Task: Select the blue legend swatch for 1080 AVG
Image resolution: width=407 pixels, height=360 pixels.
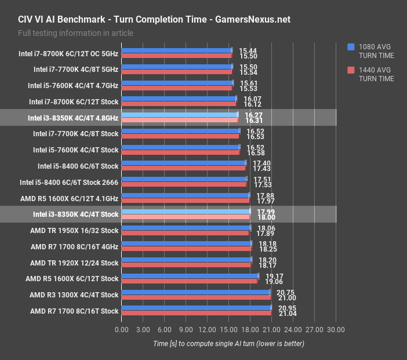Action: click(x=351, y=47)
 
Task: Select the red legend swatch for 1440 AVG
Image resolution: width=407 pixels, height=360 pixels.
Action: click(x=351, y=70)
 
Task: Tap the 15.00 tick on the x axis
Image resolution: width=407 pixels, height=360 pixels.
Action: click(x=228, y=329)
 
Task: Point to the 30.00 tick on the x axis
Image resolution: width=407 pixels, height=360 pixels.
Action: click(x=336, y=329)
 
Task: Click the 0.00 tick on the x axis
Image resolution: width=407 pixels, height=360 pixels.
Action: click(x=122, y=329)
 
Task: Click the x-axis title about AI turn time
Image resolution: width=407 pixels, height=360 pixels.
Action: click(x=228, y=343)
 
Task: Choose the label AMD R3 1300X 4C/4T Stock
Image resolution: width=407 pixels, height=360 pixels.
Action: click(x=74, y=295)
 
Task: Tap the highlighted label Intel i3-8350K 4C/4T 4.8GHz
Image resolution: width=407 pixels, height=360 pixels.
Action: click(x=73, y=118)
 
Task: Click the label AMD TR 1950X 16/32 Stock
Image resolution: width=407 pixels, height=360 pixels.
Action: click(x=74, y=230)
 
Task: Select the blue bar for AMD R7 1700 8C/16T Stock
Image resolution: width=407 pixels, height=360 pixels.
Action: click(x=196, y=308)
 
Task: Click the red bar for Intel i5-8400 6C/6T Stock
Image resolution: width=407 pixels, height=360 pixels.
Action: click(x=184, y=169)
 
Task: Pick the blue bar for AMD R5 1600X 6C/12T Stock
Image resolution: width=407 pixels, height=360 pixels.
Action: click(x=190, y=275)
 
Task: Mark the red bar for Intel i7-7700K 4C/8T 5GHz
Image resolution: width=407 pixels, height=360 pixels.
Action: click(x=177, y=72)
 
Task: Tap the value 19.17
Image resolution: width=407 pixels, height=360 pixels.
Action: click(x=267, y=276)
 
